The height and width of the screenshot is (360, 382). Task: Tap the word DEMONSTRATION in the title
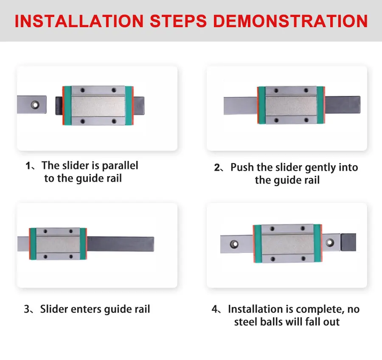[290, 21]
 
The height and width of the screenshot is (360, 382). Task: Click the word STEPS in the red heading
[178, 21]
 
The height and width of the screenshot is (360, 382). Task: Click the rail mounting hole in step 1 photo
[35, 105]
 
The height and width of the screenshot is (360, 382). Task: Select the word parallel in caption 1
[120, 166]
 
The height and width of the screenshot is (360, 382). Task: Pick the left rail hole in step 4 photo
[234, 244]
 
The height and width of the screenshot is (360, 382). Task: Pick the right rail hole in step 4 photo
[330, 242]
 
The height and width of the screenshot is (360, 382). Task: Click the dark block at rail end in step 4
[348, 242]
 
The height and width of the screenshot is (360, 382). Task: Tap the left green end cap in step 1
[67, 106]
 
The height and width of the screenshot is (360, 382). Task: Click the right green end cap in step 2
[320, 105]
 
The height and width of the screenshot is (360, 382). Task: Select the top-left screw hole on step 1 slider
[83, 90]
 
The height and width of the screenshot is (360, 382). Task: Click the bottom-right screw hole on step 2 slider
[306, 120]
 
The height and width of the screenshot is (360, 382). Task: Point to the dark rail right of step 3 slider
[121, 244]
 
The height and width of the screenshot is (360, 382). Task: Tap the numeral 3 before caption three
[27, 309]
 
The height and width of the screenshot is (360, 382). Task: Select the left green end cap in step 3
[33, 244]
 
